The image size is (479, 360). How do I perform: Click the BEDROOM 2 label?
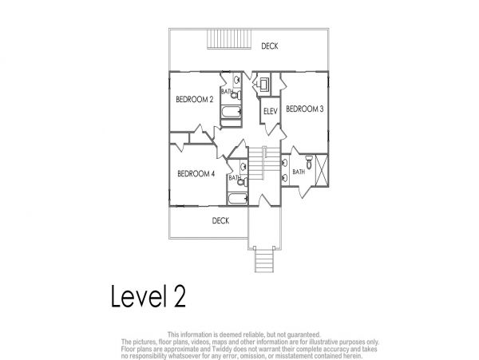[x=195, y=100]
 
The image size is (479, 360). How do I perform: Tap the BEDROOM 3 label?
[x=305, y=109]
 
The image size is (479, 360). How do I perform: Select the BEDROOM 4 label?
[x=196, y=174]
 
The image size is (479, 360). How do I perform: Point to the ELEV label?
[x=271, y=111]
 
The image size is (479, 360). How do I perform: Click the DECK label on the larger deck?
[x=270, y=46]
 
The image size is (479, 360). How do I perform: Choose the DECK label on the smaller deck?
[x=220, y=220]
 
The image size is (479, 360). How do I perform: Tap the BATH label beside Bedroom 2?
[x=227, y=91]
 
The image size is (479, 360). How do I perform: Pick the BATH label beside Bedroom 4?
[x=234, y=178]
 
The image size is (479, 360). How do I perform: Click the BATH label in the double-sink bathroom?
[x=299, y=172]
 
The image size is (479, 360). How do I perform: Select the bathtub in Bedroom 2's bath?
[x=232, y=112]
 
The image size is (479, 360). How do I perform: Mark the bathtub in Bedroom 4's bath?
[x=238, y=199]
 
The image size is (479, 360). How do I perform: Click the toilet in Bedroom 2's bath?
[x=236, y=95]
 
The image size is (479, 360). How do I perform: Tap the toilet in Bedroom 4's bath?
[x=243, y=182]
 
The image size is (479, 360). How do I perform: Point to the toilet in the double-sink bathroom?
[x=309, y=162]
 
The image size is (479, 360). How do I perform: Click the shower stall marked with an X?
[x=322, y=170]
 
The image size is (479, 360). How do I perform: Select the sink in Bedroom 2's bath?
[x=237, y=81]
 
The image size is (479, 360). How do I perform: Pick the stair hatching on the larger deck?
[x=229, y=39]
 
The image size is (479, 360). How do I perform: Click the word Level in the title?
[x=139, y=296]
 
